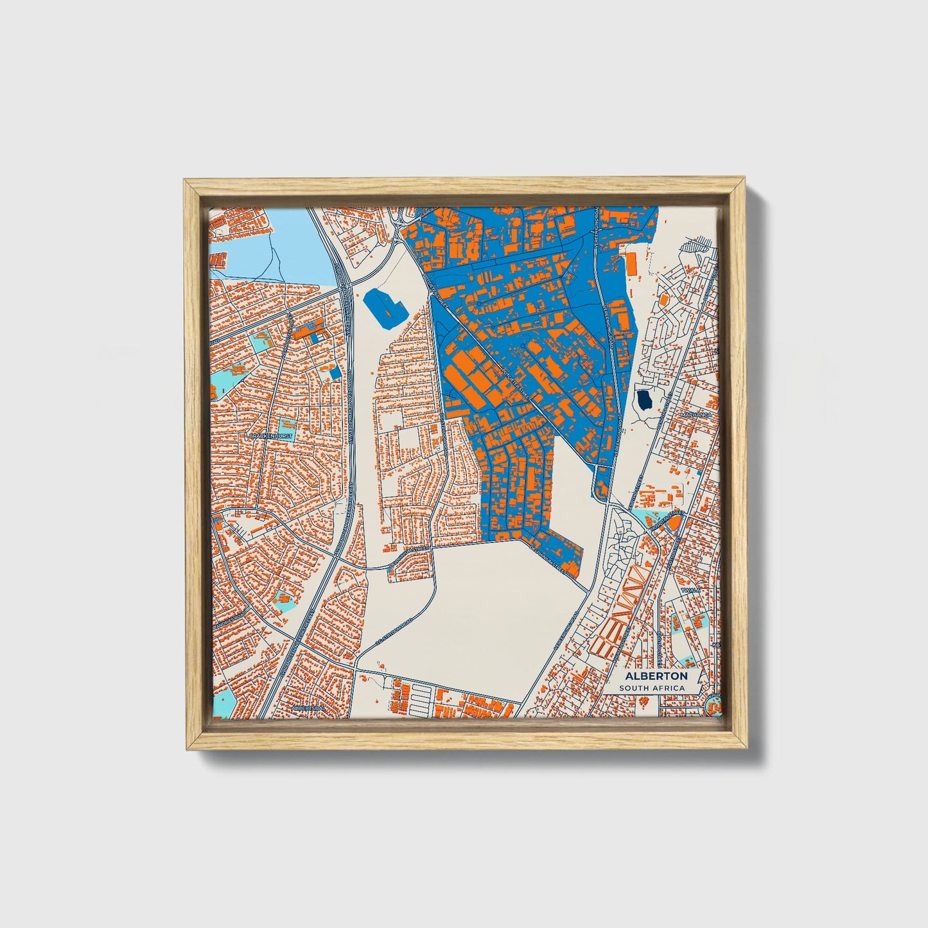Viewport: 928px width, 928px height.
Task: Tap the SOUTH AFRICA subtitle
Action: pyautogui.click(x=652, y=688)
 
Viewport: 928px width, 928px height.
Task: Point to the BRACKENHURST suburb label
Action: pyautogui.click(x=270, y=436)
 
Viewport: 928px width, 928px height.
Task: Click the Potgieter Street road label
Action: pyautogui.click(x=514, y=385)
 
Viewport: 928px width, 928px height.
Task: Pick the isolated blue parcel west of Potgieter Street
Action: pyautogui.click(x=384, y=309)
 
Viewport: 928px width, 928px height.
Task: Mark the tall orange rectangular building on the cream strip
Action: pyautogui.click(x=631, y=263)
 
